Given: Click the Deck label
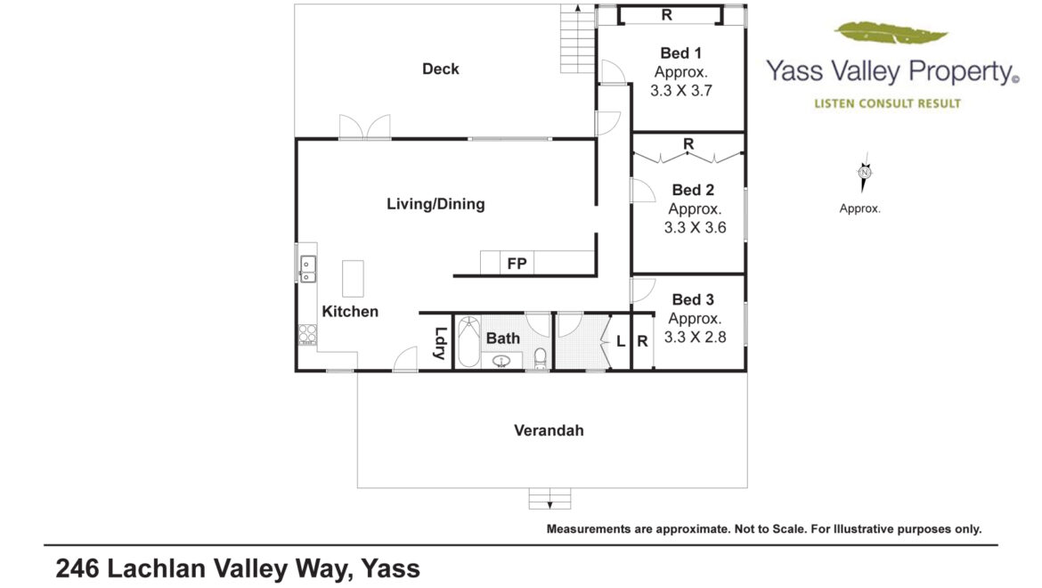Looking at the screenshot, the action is pos(441,69).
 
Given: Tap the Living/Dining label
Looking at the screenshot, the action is pos(436,204).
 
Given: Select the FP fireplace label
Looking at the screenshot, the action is pos(517,264).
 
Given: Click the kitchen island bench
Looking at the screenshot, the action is pos(353,278).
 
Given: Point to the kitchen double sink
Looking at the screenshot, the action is pos(307,269).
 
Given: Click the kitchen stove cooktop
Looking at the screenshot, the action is pos(307,334).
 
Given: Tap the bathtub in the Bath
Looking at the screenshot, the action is pos(468,341).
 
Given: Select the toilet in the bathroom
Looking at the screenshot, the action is pos(541,358).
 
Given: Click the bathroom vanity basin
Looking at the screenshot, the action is pos(501,361).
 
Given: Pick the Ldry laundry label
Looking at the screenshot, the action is pos(439,344).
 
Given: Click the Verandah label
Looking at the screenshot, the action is pos(549,430).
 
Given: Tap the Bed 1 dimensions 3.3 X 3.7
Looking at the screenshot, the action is pos(681,90).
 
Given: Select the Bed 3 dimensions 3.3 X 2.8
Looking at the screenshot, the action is pos(695,337).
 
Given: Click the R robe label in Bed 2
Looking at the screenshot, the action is pos(688,144).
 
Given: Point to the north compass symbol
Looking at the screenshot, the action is pos(864,172).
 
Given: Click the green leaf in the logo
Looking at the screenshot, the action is pos(891,33).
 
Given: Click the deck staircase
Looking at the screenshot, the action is pos(577,38).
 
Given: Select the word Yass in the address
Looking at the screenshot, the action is pos(391,569).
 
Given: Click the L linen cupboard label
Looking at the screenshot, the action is pos(621,341).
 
